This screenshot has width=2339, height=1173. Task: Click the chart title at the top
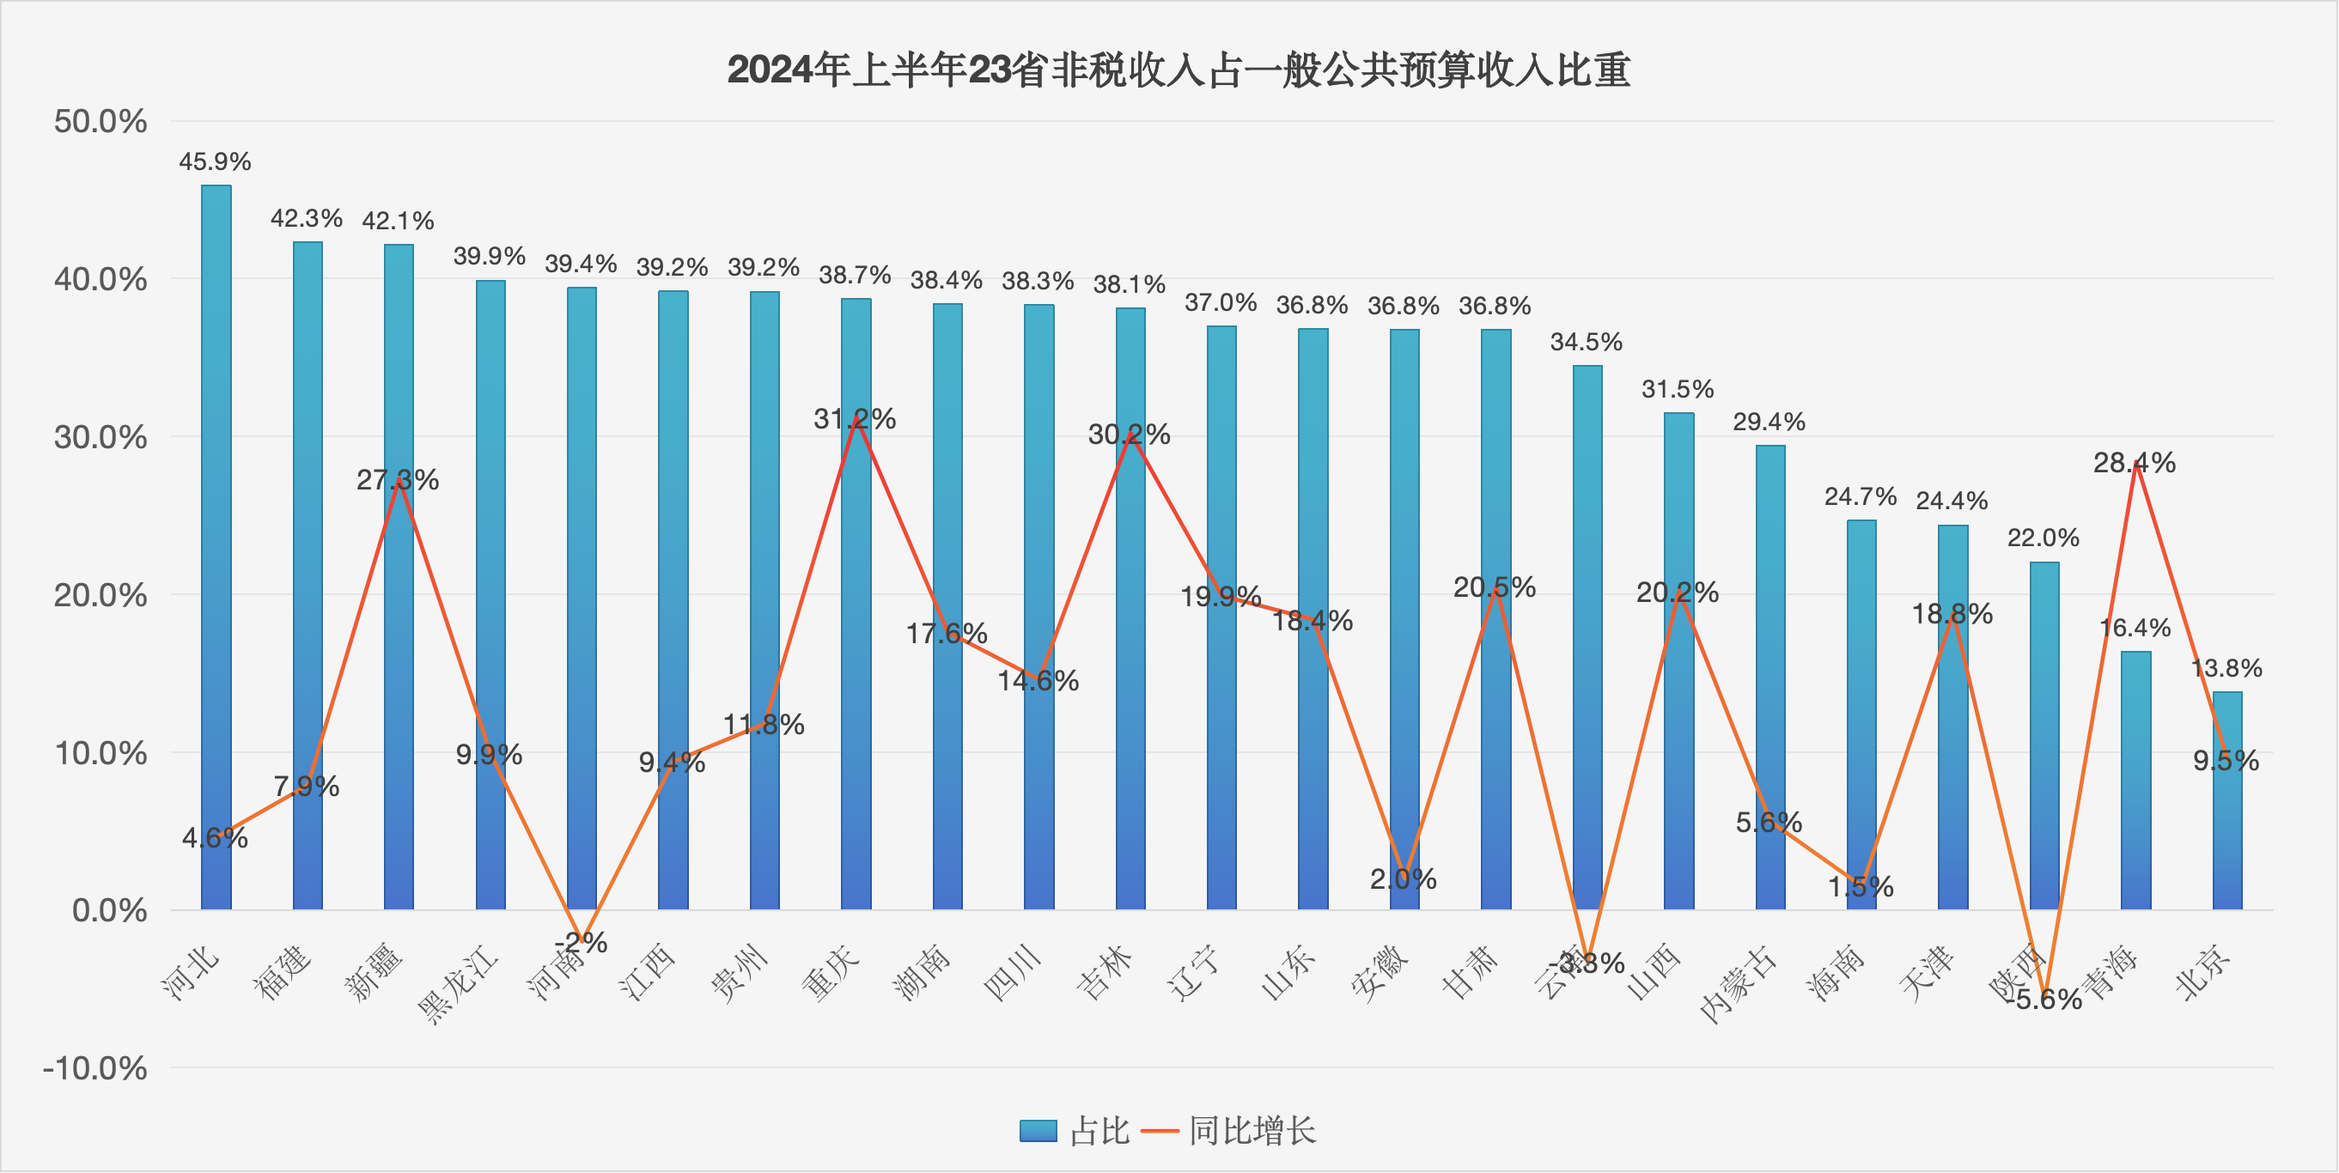click(x=1178, y=70)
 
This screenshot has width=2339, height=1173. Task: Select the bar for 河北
click(x=216, y=544)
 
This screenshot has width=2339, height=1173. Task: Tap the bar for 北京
click(x=2226, y=799)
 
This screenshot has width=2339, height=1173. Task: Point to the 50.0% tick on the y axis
click(x=100, y=121)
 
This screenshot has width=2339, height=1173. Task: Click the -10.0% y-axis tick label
click(x=94, y=1067)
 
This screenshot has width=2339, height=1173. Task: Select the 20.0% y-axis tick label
click(x=100, y=596)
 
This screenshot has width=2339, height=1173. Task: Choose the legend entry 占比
click(x=1075, y=1130)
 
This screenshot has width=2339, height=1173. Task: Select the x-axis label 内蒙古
click(x=1737, y=983)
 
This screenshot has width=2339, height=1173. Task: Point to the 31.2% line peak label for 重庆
click(x=855, y=418)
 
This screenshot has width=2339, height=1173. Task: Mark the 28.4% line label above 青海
click(x=2134, y=463)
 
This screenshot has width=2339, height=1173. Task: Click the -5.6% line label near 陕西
click(x=2048, y=999)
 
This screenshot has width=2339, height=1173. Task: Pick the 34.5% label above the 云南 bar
click(x=1586, y=343)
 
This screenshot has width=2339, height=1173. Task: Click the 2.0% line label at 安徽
click(x=1403, y=878)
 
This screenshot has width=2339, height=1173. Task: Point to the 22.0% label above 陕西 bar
click(x=2043, y=538)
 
